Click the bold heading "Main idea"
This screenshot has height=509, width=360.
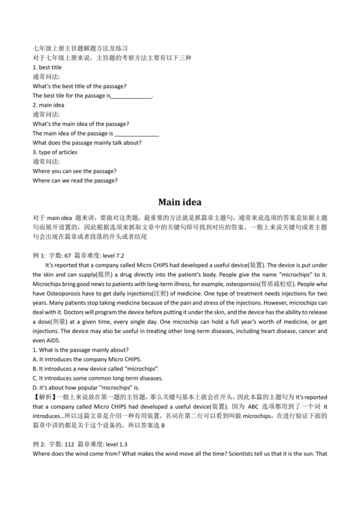coord(179,200)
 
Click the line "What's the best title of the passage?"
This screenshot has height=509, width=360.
coord(79,86)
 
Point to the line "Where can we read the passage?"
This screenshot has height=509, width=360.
coord(75,181)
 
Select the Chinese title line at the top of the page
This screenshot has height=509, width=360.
coord(80,48)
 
